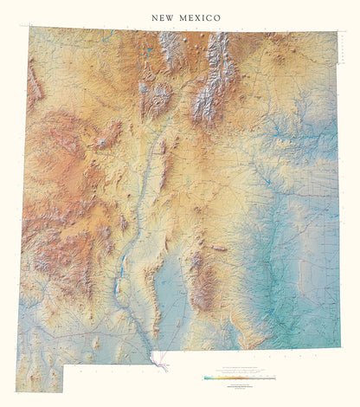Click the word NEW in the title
162,17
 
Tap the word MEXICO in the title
201,17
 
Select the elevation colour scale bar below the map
240,378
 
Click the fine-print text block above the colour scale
240,371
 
